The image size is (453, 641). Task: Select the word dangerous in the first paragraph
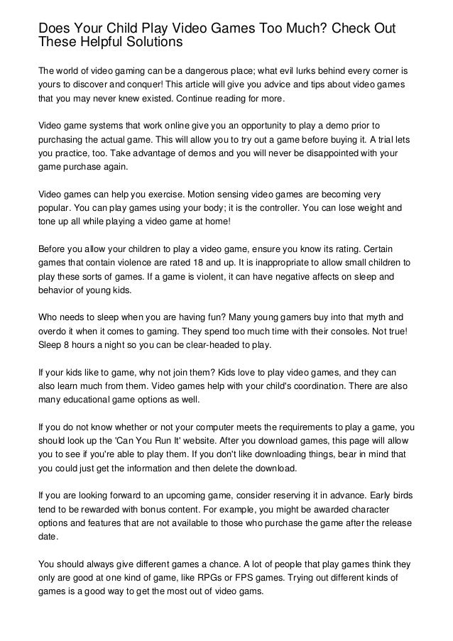[x=221, y=72]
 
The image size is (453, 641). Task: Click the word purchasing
[x=63, y=138]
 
